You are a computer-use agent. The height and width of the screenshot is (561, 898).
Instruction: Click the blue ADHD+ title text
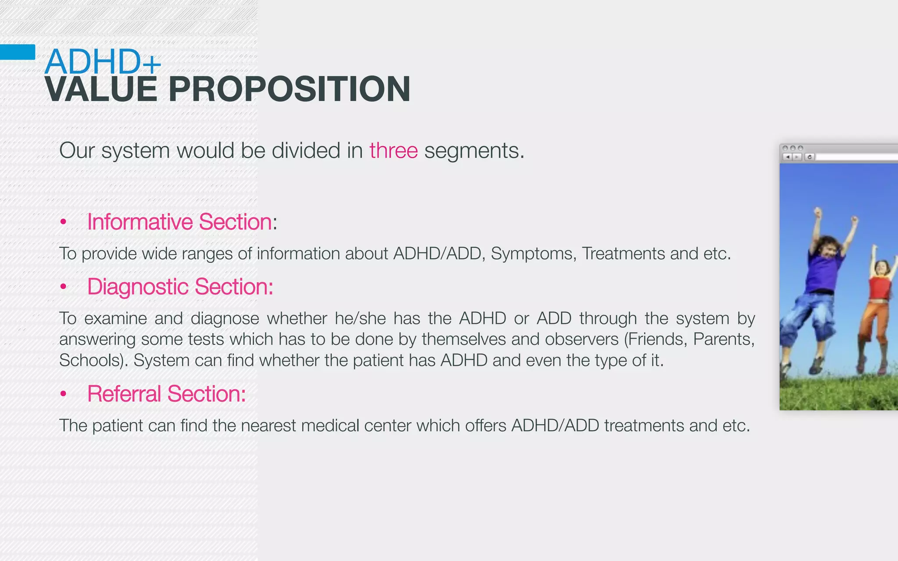point(103,62)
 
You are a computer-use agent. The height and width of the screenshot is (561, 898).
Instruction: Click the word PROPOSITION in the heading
point(289,89)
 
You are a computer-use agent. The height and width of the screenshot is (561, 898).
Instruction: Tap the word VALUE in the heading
point(101,89)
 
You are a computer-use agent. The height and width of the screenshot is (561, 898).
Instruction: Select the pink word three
point(393,151)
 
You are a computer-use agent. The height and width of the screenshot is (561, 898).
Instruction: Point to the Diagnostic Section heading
point(180,287)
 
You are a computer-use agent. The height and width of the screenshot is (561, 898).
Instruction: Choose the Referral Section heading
point(166,394)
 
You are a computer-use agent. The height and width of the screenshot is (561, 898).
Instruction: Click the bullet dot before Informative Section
point(63,222)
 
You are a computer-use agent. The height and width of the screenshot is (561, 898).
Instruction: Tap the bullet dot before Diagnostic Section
point(63,287)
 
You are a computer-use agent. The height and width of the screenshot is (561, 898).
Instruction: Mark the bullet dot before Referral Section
point(63,394)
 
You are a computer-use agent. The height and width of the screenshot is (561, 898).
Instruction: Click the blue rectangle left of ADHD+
point(18,52)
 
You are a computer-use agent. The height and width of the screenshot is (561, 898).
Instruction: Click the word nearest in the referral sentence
point(268,426)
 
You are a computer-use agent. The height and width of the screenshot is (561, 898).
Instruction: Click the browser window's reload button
point(809,157)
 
